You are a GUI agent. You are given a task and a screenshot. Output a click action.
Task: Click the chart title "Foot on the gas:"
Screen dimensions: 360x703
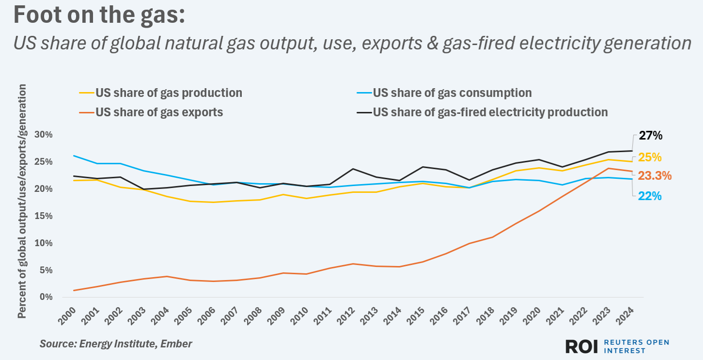click(99, 16)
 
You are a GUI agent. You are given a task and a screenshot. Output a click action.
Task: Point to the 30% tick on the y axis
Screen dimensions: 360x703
click(43, 135)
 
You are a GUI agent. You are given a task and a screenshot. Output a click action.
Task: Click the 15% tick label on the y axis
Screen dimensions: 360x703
click(43, 216)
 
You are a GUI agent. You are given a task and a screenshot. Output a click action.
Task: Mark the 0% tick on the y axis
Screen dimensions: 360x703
click(46, 297)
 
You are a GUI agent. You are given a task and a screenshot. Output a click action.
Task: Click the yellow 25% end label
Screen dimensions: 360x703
click(649, 157)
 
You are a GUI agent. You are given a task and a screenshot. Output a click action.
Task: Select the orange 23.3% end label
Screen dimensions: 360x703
click(654, 176)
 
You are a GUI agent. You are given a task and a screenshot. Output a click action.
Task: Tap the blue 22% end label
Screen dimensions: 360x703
click(649, 196)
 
